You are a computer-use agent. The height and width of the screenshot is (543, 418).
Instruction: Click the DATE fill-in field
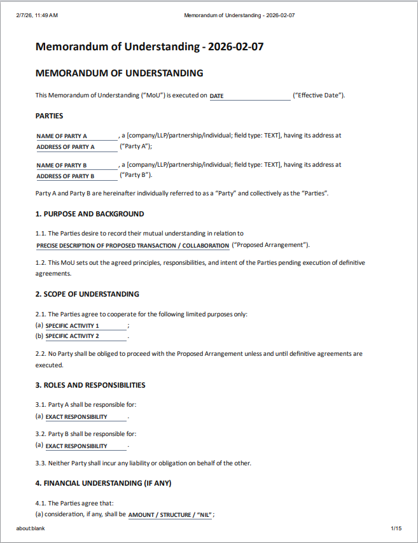(x=249, y=96)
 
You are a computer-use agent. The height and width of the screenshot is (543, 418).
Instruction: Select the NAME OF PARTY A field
(x=77, y=136)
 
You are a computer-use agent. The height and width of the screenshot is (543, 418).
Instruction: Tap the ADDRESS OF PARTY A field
(x=77, y=147)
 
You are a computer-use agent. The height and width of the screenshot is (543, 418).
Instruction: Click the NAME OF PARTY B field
(x=77, y=166)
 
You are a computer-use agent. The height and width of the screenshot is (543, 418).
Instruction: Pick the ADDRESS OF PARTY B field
(x=77, y=176)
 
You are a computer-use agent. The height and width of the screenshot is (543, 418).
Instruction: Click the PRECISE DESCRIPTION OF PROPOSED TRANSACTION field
(x=133, y=246)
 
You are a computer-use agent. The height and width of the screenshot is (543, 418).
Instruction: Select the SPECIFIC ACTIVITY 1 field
(x=86, y=326)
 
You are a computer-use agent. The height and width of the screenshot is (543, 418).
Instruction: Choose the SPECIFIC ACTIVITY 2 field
(x=86, y=336)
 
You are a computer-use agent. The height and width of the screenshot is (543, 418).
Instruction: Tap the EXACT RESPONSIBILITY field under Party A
(x=86, y=417)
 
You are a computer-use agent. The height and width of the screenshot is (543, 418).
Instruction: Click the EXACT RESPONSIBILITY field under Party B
(x=86, y=446)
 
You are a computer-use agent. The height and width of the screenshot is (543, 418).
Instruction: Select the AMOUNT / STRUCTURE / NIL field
(x=170, y=515)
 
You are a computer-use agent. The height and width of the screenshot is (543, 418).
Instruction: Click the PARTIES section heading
(x=49, y=116)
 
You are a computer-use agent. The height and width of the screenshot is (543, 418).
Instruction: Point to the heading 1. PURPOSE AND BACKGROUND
(x=90, y=215)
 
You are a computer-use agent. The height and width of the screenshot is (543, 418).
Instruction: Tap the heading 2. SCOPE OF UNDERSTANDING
(x=87, y=294)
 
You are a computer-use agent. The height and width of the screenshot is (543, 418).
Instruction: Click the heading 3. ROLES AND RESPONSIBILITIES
(x=90, y=385)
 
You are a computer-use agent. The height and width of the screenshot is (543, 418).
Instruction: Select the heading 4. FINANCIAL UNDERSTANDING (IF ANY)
(x=103, y=483)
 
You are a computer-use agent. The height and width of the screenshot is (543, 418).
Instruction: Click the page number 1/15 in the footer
(x=396, y=528)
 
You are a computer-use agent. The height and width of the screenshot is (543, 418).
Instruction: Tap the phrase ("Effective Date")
(x=319, y=95)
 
